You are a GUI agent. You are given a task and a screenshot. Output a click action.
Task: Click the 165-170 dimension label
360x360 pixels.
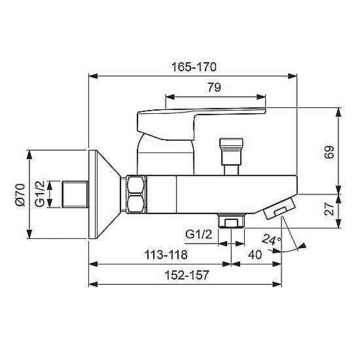coord(194,67)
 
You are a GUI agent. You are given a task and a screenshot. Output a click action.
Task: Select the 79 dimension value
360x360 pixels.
coord(214,87)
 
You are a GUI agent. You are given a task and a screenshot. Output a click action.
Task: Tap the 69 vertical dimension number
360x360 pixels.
coord(329,153)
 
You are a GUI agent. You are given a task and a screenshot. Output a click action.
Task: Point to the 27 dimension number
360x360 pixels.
coord(330,208)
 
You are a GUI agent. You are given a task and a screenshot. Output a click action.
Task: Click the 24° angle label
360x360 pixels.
coord(272,240)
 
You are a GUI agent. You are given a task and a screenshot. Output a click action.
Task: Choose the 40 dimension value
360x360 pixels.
coord(255,255)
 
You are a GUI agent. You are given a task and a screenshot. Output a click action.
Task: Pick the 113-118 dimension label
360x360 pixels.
coord(166,255)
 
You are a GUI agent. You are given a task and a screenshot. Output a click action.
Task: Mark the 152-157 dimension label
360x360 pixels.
coord(187,275)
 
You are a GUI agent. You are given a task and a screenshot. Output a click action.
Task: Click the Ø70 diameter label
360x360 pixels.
coord(20,194)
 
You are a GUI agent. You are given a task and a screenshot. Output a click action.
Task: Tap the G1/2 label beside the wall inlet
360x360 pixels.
coord(39,194)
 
